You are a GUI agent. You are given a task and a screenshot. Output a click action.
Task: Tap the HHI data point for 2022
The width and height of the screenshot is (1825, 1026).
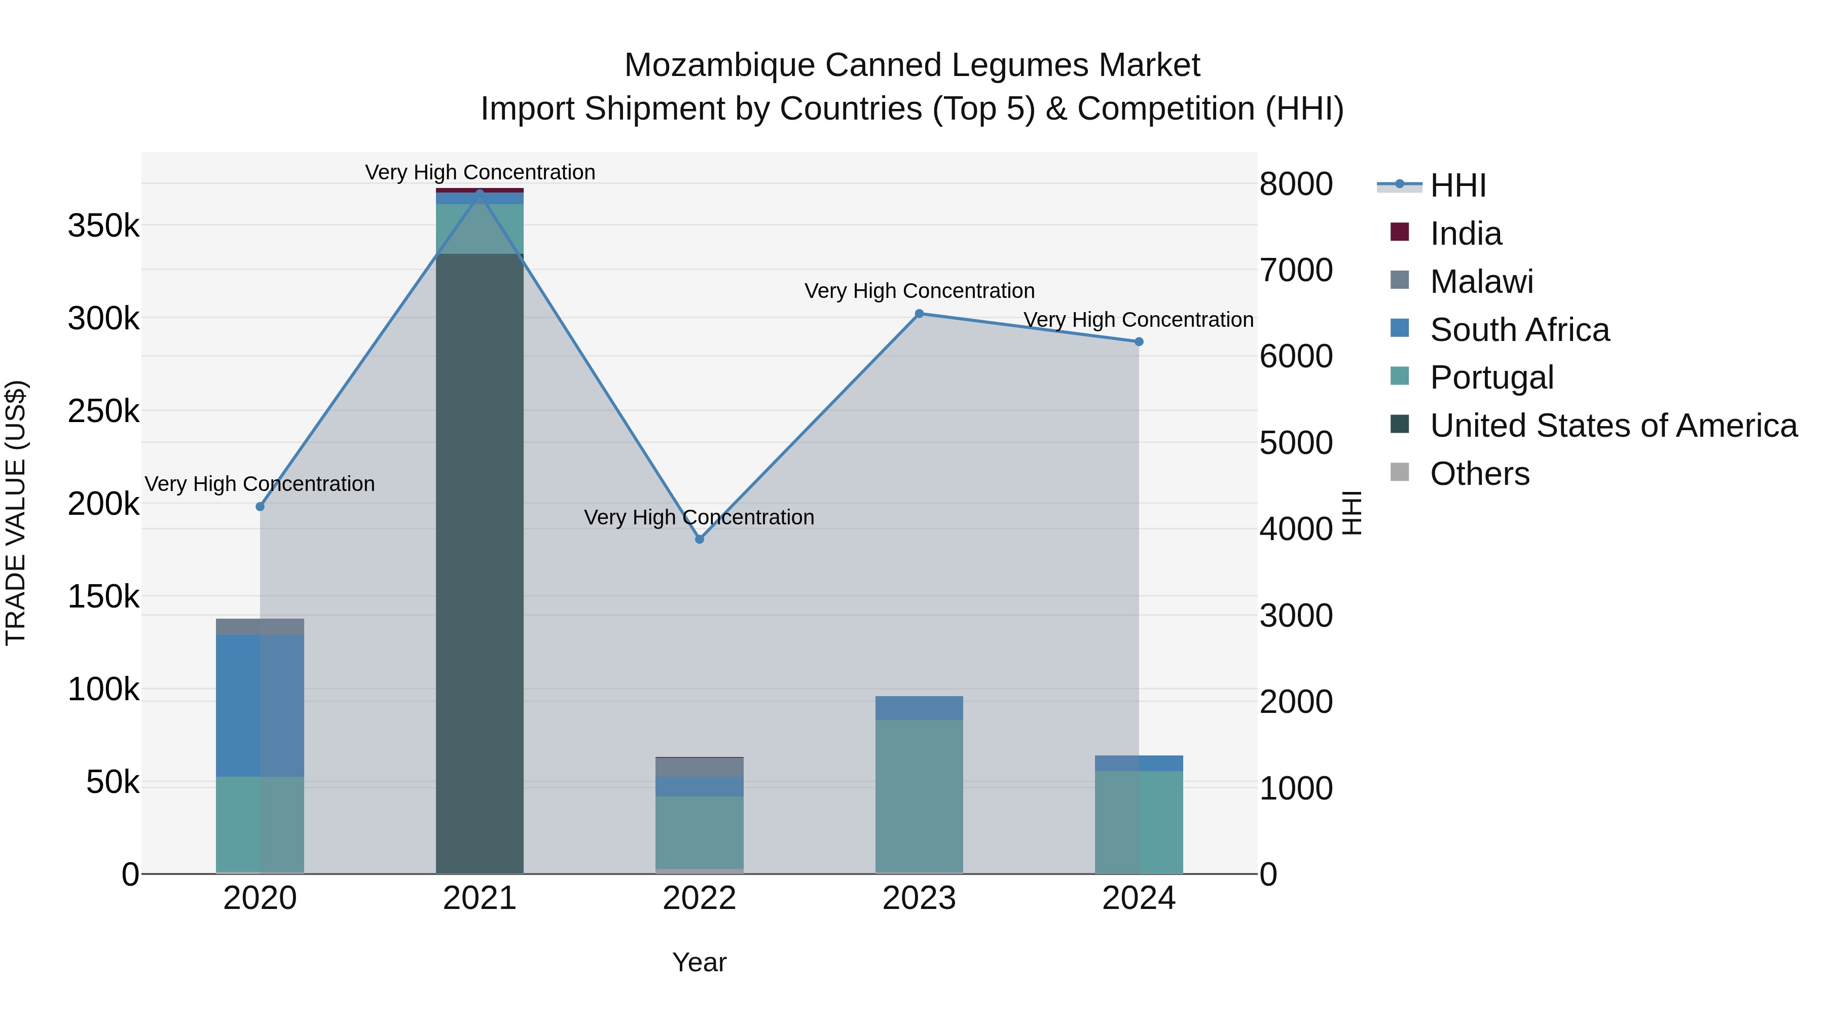tap(699, 539)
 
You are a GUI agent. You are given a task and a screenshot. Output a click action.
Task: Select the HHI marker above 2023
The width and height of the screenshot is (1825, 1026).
tap(919, 314)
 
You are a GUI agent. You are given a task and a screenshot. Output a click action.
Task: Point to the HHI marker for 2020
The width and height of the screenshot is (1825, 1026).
tap(260, 507)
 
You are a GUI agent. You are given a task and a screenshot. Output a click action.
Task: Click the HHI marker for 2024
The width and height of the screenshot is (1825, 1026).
tap(1139, 342)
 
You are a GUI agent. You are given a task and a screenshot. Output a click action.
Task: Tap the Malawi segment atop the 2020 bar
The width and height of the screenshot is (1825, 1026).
tap(260, 627)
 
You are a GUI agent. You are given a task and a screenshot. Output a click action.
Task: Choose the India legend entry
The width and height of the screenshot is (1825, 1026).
tap(1465, 234)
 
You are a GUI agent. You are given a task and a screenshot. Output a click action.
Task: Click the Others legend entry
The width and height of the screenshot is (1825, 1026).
tap(1479, 474)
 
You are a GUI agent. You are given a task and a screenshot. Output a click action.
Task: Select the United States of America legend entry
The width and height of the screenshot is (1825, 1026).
tap(1613, 426)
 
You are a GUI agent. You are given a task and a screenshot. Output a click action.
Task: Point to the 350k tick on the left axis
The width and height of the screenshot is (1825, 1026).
tap(103, 226)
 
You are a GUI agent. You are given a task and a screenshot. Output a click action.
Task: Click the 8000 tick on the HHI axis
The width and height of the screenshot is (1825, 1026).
tap(1296, 184)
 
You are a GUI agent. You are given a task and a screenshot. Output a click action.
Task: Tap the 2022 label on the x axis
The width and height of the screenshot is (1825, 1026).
tap(699, 898)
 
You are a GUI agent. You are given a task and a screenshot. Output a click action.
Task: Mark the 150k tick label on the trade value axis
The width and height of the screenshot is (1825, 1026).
tap(103, 597)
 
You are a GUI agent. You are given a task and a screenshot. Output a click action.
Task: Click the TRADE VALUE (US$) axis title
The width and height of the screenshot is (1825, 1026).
tap(16, 513)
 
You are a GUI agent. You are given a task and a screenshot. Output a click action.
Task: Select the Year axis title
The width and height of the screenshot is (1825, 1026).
tap(699, 962)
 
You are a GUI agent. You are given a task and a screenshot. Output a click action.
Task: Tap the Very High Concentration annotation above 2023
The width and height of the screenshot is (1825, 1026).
tap(919, 291)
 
